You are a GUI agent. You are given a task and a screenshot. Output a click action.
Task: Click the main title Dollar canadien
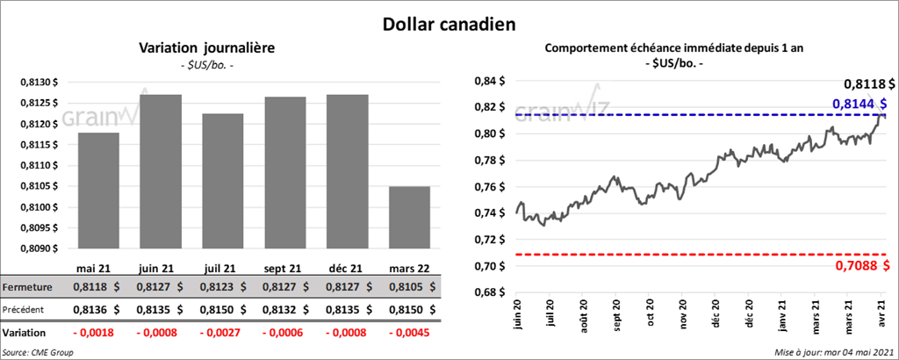point(449,24)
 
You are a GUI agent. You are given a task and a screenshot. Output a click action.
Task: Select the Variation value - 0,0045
point(408,334)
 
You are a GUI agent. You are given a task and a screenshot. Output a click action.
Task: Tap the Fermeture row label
point(28,287)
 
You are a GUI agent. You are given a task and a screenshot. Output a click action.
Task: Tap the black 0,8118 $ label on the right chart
point(869,84)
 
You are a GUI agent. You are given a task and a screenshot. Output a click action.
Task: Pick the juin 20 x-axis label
point(517,314)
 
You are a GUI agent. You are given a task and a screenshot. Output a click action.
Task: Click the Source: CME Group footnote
point(38,352)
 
